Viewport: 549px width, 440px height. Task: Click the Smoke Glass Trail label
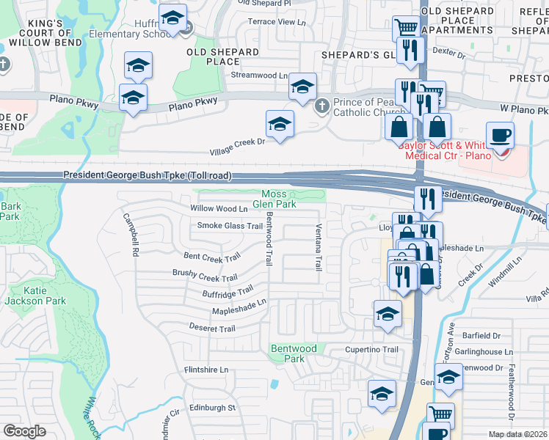click(230, 226)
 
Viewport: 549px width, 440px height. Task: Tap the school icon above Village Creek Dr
click(280, 125)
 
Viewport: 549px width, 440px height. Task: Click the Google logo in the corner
click(24, 430)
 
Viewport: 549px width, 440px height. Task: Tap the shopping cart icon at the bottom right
click(440, 415)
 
